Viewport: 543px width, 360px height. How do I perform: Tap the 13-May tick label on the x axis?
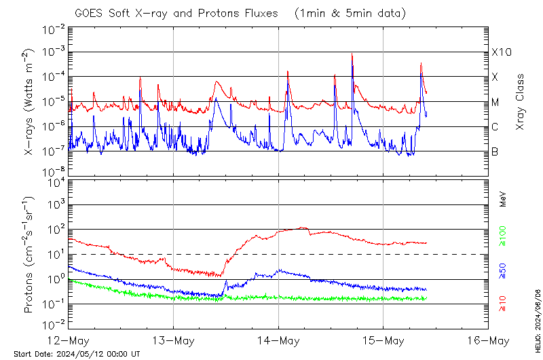[174, 340]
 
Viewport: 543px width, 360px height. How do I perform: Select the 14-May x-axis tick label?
[278, 340]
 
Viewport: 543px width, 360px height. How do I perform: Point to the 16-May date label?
[489, 340]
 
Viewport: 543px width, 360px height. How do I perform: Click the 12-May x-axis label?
[69, 340]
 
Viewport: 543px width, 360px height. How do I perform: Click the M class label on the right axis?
[495, 103]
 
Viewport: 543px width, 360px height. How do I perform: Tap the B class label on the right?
[495, 152]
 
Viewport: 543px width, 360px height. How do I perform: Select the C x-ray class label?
[495, 127]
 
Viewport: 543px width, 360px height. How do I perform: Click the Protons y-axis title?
[28, 255]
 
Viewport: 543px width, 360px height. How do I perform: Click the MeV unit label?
[503, 198]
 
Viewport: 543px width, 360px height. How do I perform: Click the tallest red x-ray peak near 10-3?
[352, 54]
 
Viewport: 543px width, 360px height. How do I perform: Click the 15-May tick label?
[383, 340]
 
